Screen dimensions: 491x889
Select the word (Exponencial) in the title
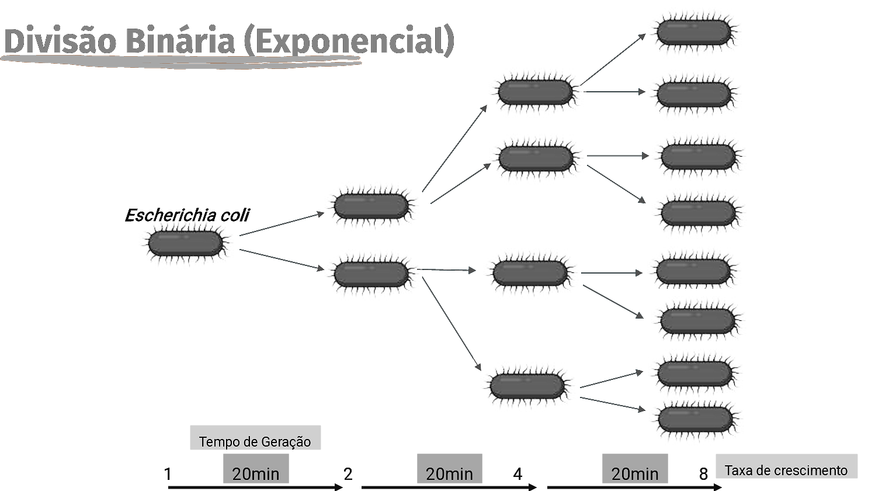[348, 41]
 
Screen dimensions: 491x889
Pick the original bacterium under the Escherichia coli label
[184, 243]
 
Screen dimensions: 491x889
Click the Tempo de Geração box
[255, 438]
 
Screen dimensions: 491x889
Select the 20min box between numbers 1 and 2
[256, 470]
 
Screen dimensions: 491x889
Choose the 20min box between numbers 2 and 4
[449, 470]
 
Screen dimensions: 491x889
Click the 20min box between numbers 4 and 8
[635, 470]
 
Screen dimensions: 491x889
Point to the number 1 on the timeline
[168, 474]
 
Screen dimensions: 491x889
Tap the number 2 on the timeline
[348, 474]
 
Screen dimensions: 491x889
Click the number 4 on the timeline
[518, 474]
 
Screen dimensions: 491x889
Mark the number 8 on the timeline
[704, 474]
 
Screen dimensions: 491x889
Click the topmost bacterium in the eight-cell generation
[692, 30]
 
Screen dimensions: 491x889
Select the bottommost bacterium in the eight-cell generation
[693, 417]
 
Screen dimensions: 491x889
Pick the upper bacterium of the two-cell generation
[370, 204]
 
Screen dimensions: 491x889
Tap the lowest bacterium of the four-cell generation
[526, 384]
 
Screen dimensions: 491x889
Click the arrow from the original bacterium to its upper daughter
[280, 224]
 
